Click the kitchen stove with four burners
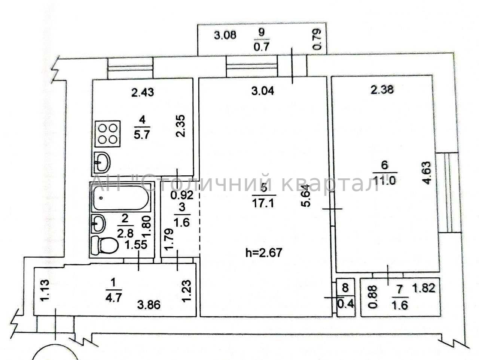tap(108, 133)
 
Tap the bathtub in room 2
tap(122, 198)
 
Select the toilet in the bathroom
tap(105, 245)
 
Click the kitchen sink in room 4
tap(102, 162)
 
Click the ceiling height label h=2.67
tap(264, 253)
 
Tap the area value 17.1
tap(264, 204)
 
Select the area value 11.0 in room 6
tap(384, 181)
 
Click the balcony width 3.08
tap(225, 35)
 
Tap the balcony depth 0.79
tap(317, 40)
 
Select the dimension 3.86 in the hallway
tap(149, 305)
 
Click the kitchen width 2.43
tap(143, 92)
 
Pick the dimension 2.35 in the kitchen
tap(181, 126)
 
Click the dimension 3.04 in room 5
tap(263, 91)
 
